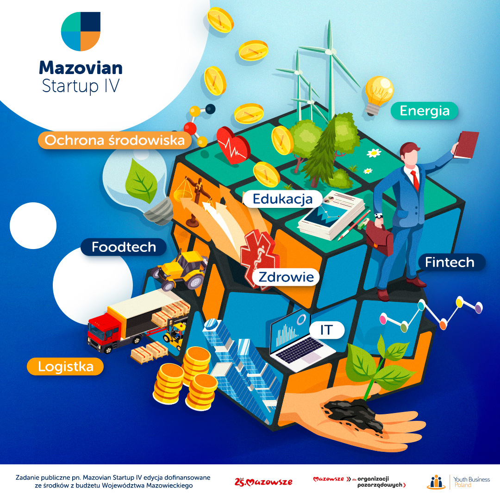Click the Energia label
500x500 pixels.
pos(425,111)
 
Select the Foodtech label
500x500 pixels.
pos(124,247)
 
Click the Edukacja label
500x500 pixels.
pos(282,199)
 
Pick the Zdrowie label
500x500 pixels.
pos(286,277)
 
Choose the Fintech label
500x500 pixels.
pos(450,262)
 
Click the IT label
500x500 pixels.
pos(326,330)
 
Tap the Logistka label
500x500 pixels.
pos(65,367)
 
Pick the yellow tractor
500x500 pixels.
pos(182,270)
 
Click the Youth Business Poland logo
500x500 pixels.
pos(458,482)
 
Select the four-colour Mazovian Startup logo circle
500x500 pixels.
pos(81,31)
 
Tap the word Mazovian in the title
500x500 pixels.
pos(81,68)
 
